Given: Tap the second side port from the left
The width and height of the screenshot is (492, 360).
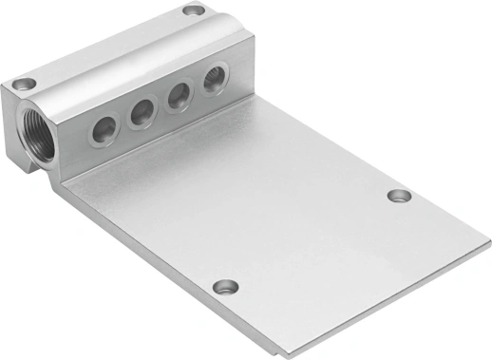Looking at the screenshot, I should [142, 116].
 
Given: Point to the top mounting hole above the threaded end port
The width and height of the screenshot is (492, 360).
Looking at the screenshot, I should [27, 83].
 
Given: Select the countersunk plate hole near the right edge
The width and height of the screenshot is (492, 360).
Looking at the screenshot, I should [399, 196].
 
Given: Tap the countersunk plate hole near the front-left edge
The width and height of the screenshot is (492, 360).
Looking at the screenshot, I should [224, 286].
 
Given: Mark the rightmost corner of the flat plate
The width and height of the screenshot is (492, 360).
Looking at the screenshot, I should [489, 250].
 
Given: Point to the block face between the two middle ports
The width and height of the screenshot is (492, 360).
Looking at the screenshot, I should [161, 106].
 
